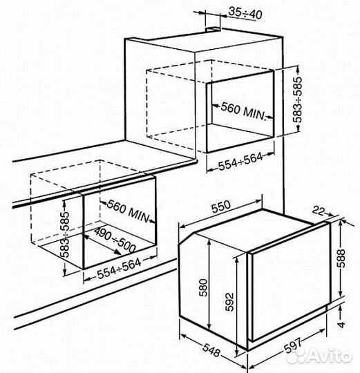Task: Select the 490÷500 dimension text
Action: pyautogui.click(x=115, y=238)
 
